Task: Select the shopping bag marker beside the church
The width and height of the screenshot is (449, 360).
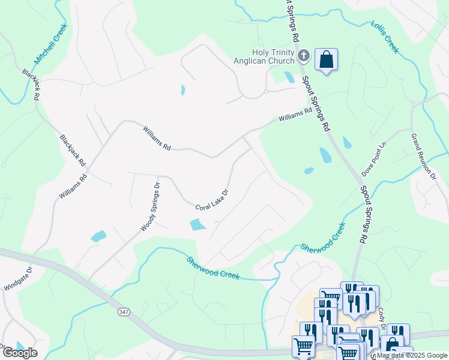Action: pyautogui.click(x=326, y=60)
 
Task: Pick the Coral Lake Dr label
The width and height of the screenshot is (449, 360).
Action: pyautogui.click(x=212, y=199)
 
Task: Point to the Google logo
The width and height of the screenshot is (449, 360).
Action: pyautogui.click(x=20, y=352)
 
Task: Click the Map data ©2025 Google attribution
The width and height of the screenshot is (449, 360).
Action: pyautogui.click(x=412, y=355)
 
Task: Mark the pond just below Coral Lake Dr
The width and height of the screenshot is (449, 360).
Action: pyautogui.click(x=197, y=225)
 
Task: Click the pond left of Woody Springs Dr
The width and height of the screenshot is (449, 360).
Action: pyautogui.click(x=98, y=236)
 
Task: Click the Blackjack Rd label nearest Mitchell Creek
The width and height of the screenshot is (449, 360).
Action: pyautogui.click(x=32, y=84)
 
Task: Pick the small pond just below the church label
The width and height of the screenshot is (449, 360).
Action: pyautogui.click(x=289, y=77)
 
